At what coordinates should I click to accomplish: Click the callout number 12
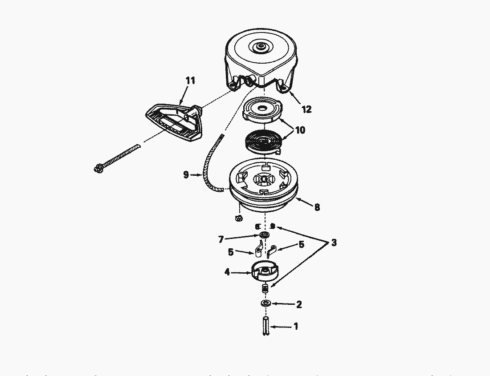306,109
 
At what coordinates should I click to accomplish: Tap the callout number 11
190,81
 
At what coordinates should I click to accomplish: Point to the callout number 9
186,175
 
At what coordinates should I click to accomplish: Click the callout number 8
317,207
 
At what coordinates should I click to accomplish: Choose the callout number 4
227,271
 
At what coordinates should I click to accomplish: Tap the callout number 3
334,243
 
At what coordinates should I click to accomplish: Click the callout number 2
299,305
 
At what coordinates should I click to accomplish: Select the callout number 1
295,327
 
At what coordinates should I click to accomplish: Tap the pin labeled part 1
266,327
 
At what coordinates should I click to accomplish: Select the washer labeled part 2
266,303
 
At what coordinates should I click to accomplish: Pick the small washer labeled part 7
265,235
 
